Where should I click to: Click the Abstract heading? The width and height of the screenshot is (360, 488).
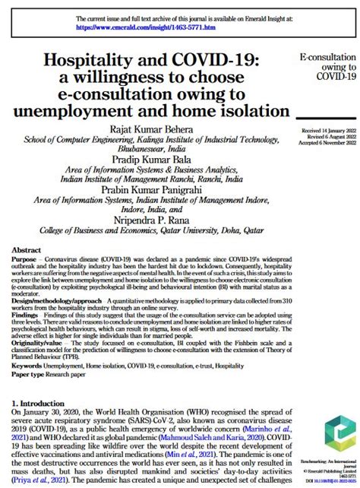(x=27, y=248)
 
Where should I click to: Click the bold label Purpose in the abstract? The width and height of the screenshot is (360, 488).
(x=27, y=258)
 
